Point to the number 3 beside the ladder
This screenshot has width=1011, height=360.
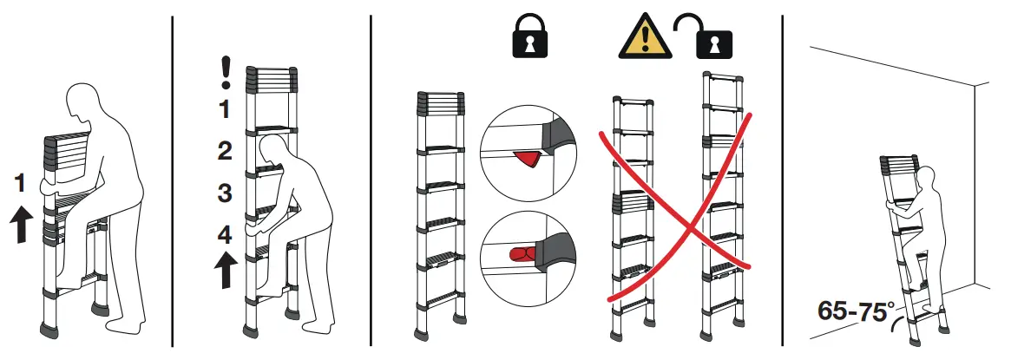(225, 193)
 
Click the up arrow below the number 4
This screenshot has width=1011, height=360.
(225, 270)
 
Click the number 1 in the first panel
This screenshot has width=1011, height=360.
(20, 183)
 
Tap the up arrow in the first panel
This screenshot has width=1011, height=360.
(21, 226)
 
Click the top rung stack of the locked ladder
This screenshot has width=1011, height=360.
(440, 104)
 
